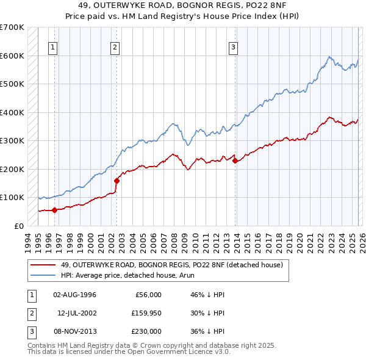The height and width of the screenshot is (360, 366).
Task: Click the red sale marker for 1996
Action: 54,210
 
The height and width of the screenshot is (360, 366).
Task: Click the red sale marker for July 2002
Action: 117,181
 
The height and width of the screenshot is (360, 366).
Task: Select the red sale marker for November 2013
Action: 235,161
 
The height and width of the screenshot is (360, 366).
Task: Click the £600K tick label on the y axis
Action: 12,56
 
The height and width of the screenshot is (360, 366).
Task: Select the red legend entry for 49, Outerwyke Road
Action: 171,265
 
